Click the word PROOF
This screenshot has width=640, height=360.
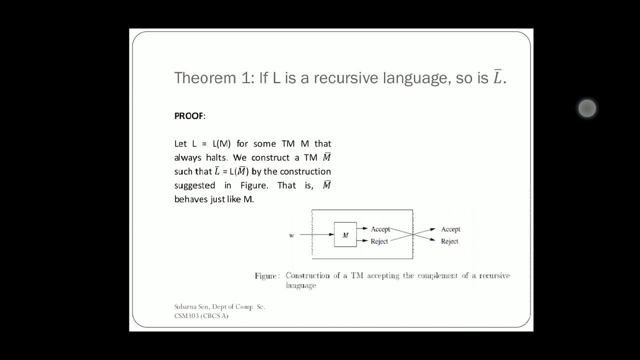pos(189,116)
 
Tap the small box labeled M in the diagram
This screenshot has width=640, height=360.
pos(345,234)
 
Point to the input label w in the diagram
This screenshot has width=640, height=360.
pos(291,235)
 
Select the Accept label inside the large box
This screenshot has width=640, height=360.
pos(380,229)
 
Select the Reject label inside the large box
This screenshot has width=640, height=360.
pos(379,241)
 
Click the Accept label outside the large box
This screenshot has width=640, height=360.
pos(450,229)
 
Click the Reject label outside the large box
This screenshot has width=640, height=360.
pos(449,241)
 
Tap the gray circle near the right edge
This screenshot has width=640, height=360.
pos(587,108)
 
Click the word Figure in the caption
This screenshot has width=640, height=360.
pos(266,275)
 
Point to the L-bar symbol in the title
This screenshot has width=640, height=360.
pos(497,77)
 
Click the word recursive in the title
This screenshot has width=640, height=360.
pos(346,78)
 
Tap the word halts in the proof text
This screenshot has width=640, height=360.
pos(216,157)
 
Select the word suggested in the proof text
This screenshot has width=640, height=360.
pos(194,185)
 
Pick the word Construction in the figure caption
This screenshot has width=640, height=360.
pos(307,275)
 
